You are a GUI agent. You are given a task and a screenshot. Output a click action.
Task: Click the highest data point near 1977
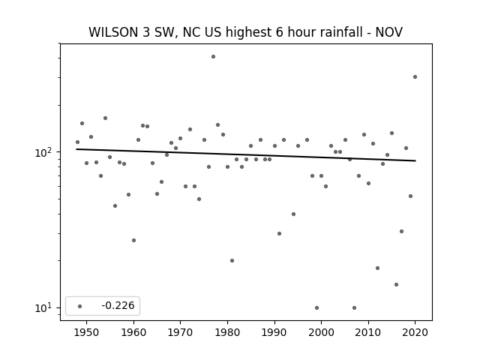213,57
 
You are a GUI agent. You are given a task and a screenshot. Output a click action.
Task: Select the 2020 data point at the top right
415,76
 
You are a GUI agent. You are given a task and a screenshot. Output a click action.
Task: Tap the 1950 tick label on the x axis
87,332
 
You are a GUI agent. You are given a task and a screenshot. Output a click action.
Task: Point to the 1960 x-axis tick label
133,332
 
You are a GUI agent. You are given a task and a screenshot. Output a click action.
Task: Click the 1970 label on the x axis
180,332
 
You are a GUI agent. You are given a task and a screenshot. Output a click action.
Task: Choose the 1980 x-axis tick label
227,332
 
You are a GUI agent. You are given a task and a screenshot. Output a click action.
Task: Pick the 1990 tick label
274,332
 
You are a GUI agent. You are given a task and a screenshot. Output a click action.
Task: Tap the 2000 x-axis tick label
322,332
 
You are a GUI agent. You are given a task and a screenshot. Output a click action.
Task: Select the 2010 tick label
368,332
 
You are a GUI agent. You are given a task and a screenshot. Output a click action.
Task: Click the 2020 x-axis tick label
415,332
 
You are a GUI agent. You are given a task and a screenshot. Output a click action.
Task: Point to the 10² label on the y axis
46,151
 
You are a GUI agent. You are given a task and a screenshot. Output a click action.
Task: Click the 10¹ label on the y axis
46,307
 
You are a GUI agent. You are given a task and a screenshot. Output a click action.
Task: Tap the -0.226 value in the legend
118,305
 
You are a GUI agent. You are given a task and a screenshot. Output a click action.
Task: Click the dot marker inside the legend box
80,306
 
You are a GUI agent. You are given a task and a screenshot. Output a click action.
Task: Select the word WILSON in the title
113,32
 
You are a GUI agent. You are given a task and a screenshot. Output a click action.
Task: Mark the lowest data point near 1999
316,307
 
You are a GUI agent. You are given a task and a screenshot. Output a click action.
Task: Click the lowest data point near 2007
354,307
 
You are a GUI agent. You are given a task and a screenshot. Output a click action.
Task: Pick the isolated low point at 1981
232,260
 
